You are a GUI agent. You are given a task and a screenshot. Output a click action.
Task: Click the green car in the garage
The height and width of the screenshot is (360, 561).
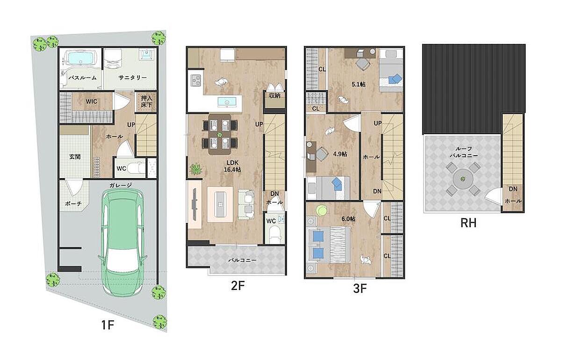point(122,242)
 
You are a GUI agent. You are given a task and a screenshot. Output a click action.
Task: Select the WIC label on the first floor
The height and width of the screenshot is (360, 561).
point(92,101)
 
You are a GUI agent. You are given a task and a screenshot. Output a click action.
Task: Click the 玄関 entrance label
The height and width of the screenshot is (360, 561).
point(75,157)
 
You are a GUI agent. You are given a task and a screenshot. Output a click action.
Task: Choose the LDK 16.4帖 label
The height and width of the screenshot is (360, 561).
point(232,166)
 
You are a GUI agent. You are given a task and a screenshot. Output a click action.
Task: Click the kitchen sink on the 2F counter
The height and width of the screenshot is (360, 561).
point(227,102)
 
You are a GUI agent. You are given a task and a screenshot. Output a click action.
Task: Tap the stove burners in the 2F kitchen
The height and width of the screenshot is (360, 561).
point(196,81)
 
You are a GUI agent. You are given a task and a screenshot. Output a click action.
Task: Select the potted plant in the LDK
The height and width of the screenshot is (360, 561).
point(196,169)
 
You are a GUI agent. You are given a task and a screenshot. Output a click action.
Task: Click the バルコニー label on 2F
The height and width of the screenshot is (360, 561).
point(242,260)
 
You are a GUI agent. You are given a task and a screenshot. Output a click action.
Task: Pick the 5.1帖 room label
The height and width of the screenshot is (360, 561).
point(359,85)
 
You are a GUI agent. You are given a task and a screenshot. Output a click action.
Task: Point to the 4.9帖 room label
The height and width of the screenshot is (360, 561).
point(340,154)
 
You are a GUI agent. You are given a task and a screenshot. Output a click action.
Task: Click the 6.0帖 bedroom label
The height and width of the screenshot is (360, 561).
point(348,219)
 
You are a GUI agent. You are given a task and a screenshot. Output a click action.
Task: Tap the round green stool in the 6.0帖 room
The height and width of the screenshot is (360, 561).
point(321,210)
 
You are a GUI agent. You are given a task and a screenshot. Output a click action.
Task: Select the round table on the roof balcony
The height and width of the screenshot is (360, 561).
point(463,179)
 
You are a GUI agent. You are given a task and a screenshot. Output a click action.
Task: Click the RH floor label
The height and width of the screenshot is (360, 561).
point(468,223)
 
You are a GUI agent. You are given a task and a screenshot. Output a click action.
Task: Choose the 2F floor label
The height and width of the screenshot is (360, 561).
point(237,286)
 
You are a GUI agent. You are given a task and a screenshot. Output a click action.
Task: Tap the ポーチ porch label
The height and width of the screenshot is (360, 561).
point(73,204)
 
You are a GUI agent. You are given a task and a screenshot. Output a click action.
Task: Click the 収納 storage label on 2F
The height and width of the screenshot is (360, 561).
point(275,95)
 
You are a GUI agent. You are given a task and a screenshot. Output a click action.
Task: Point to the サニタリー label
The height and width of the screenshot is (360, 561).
point(132,78)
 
